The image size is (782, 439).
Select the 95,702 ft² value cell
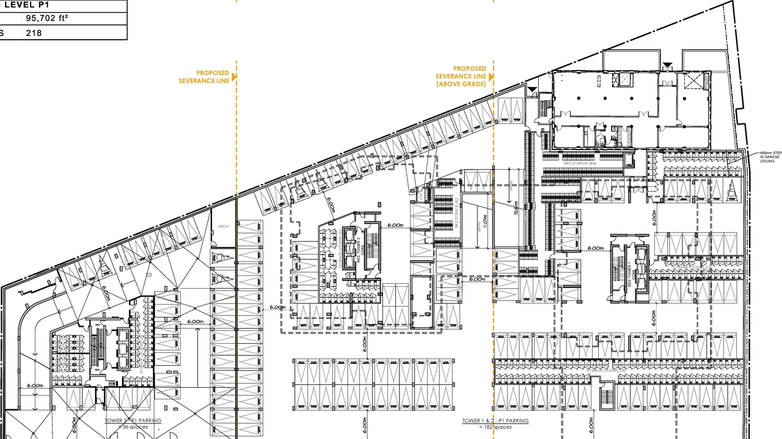point(46,18)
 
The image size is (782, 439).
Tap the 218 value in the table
point(34,33)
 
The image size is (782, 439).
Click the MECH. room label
point(223,227)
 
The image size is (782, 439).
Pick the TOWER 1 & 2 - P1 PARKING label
point(495,421)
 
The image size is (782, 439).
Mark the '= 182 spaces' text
point(495,427)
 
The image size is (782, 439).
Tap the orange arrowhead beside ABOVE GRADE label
point(491,77)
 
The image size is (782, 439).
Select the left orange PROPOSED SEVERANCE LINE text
point(204,76)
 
